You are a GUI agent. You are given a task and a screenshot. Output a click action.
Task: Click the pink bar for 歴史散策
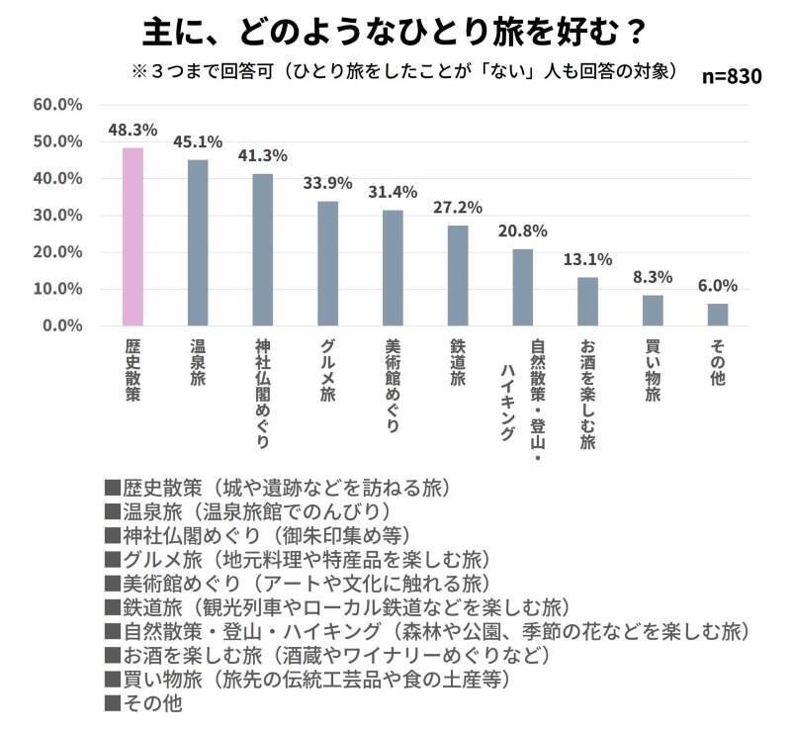pos(132,236)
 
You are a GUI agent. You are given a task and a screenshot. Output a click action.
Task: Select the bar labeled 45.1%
pos(198,242)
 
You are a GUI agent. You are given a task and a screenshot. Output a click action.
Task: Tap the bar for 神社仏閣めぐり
pos(262,249)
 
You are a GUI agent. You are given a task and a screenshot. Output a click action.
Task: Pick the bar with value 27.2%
pos(458,275)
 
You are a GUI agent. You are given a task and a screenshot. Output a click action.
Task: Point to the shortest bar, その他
pos(718,315)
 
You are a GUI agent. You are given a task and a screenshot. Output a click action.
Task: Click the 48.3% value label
pos(132,130)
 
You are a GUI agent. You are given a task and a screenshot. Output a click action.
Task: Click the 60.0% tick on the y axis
pos(57,104)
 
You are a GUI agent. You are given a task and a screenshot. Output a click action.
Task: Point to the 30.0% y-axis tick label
pos(57,215)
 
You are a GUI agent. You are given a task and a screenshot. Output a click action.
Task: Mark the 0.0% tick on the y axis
pos(61,325)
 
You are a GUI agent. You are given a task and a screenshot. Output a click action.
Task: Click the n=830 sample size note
pos(732,77)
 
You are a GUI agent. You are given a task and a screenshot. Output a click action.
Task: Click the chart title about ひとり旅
pos(395,32)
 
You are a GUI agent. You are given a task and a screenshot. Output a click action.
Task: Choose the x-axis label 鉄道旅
pos(458,364)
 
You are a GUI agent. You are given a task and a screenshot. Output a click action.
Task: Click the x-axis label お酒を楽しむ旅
pos(587,396)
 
